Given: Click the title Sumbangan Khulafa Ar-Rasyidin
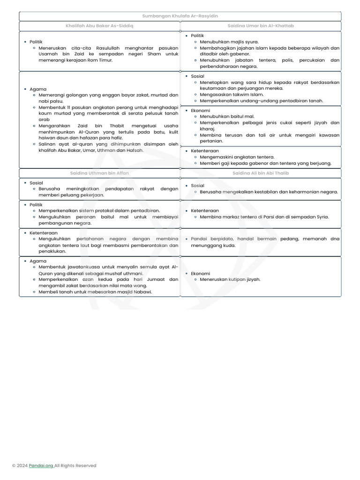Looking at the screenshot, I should (x=180, y=16).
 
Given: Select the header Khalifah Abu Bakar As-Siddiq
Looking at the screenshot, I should (x=99, y=26).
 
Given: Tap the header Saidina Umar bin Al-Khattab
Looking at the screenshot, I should (x=261, y=26).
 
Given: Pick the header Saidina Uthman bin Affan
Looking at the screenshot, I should (x=99, y=173).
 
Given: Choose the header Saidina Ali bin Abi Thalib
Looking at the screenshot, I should (x=261, y=173).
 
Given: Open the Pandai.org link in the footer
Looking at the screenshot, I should (x=41, y=465).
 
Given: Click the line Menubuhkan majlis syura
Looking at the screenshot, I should (x=222, y=42).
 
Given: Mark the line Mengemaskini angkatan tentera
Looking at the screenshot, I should (x=237, y=157).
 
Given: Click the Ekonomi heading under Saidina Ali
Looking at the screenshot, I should (x=200, y=273).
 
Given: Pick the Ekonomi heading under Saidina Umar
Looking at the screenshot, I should (x=200, y=111).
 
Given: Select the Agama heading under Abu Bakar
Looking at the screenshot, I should (x=37, y=89).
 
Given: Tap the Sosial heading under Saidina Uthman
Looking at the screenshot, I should (x=36, y=183).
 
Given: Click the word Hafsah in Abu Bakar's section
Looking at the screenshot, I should (x=135, y=150).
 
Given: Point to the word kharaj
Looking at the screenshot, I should (x=207, y=128).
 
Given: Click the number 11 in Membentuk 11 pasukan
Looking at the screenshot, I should (x=69, y=107).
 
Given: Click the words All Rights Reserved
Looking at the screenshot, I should (x=75, y=465).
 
